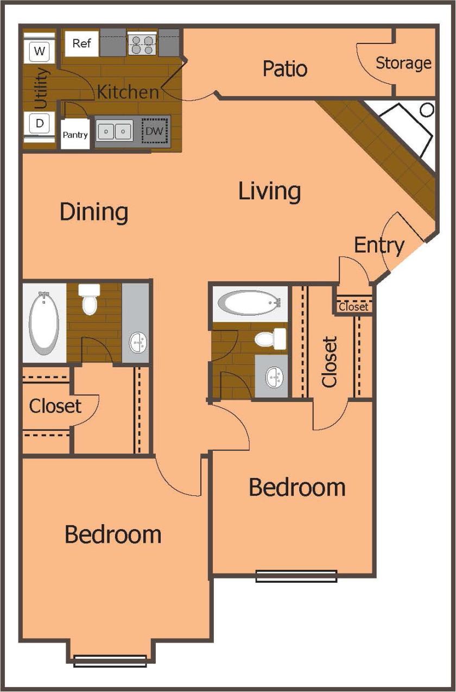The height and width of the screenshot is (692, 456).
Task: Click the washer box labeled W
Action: (40, 52)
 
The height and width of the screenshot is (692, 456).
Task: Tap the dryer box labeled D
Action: (40, 123)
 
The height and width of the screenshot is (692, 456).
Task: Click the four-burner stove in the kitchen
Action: (142, 43)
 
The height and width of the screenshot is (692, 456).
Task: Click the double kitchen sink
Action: (115, 131)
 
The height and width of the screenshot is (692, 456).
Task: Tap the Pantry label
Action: (75, 135)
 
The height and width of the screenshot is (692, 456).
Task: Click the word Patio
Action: (285, 69)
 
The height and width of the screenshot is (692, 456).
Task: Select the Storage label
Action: (403, 63)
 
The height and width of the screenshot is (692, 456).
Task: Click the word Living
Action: (270, 191)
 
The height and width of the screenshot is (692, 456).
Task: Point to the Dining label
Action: (94, 212)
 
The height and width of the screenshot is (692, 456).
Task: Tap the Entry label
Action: (379, 246)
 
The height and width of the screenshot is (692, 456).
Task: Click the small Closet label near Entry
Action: (353, 307)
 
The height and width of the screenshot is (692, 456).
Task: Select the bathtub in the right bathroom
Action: (251, 303)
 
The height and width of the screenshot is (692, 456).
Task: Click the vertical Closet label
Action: (330, 362)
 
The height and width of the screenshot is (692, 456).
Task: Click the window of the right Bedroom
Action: (296, 576)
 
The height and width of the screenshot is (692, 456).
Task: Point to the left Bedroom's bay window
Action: (110, 660)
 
